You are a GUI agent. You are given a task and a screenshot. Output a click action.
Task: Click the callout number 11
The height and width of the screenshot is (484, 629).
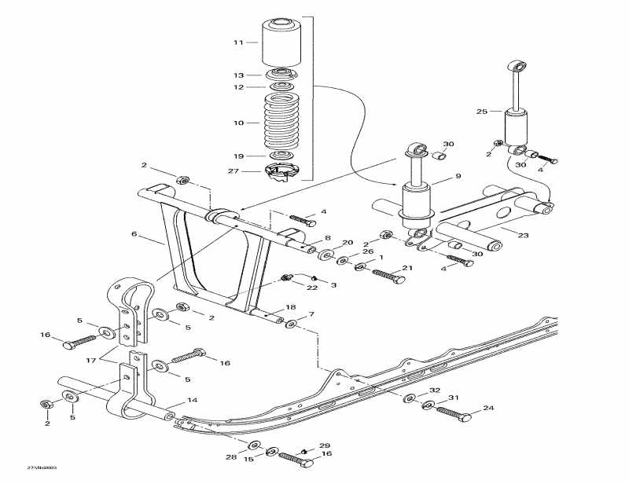click(238, 42)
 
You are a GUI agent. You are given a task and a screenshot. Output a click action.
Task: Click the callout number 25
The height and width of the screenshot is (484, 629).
click(483, 112)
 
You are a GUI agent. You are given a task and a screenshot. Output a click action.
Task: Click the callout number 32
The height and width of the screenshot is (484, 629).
click(434, 390)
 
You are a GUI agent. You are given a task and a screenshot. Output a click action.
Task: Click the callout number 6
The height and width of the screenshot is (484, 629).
click(134, 233)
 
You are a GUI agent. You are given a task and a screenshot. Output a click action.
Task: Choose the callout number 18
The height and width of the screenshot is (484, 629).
click(290, 307)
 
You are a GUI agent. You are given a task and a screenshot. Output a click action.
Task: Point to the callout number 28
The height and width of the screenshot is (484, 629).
click(231, 457)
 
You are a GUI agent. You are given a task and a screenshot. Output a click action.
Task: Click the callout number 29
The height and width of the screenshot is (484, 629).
click(325, 445)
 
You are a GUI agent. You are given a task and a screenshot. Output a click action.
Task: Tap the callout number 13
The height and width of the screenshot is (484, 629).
click(238, 75)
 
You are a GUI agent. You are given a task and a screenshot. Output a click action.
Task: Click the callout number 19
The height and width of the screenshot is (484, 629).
click(238, 155)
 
